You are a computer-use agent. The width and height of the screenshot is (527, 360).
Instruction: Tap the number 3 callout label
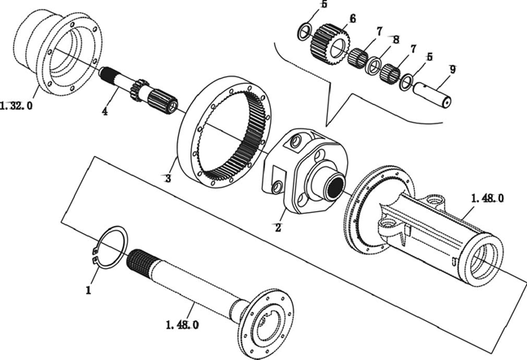point(168,178)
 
